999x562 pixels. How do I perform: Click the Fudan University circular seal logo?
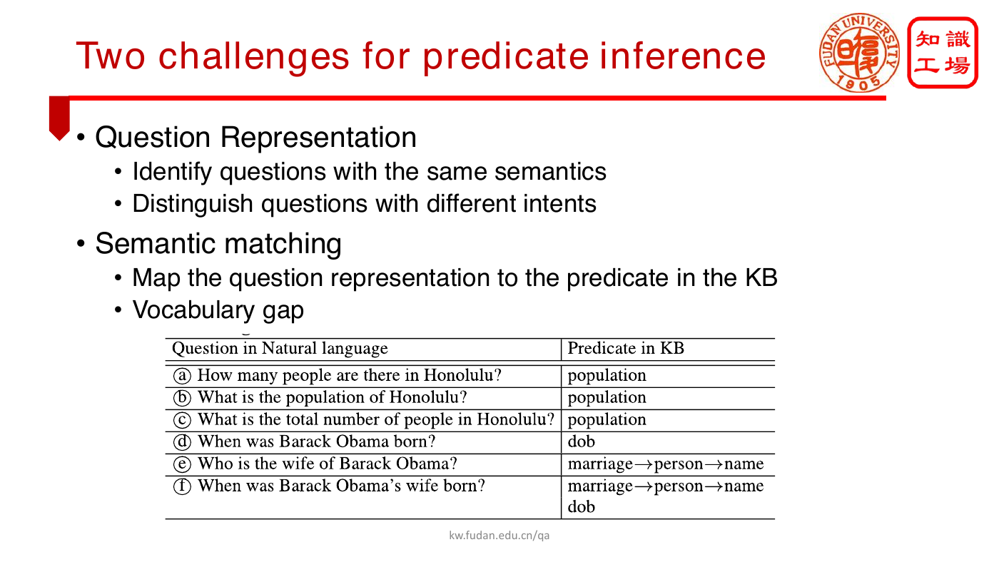859,53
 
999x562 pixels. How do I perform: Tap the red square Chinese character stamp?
943,53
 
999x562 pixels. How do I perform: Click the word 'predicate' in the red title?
506,57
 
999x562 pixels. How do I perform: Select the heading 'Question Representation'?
255,137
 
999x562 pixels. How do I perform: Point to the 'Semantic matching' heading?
218,244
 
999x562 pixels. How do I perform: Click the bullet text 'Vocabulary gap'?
218,310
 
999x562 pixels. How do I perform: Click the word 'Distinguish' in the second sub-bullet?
193,204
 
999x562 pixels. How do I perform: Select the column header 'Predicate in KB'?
626,348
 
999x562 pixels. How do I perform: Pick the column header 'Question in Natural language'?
280,349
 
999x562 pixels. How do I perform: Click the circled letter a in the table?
182,376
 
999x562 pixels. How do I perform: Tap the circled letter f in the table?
182,486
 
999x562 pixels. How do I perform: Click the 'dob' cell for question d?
581,441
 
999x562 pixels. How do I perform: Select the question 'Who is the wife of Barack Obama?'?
328,464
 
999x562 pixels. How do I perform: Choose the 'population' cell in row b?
607,398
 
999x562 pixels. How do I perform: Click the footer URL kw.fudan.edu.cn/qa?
499,536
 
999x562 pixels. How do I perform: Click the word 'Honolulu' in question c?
512,419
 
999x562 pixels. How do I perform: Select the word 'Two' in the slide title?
111,56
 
